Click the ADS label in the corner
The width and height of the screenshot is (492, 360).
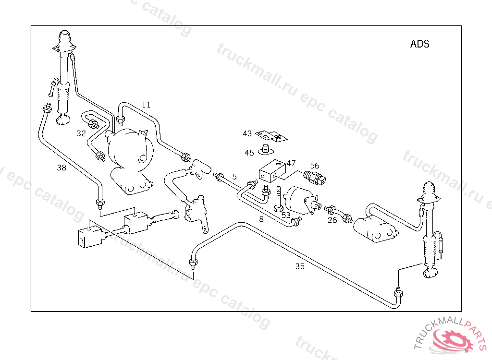(419, 44)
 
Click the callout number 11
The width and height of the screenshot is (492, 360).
(146, 104)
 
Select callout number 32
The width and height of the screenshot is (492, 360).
(81, 133)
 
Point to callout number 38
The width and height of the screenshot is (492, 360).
(61, 168)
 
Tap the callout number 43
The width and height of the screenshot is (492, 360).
(247, 133)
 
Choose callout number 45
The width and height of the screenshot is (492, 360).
(249, 153)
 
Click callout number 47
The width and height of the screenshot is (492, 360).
(291, 163)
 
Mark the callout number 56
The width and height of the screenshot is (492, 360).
(315, 166)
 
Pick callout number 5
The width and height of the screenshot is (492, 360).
(234, 177)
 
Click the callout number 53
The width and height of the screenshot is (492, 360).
(286, 215)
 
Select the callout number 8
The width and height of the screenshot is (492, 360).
(261, 219)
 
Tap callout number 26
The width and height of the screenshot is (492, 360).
(332, 220)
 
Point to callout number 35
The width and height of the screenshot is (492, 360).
(300, 266)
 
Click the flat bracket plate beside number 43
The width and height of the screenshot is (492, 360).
(271, 136)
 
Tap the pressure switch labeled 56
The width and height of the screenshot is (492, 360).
(315, 178)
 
